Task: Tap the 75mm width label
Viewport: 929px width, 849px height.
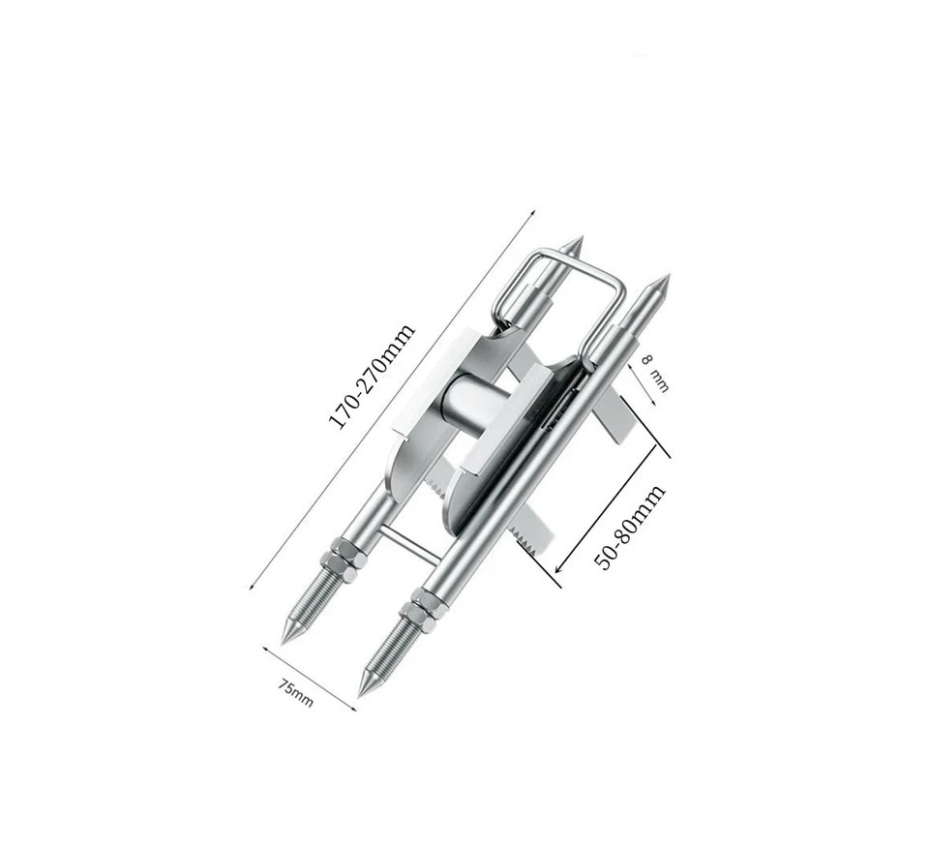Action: [x=296, y=693]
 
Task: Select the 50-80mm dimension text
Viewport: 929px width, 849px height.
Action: [x=630, y=527]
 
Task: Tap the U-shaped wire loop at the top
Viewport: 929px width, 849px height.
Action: [x=561, y=281]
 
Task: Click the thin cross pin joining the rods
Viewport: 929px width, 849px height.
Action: [x=407, y=542]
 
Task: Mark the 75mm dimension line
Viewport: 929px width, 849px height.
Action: [x=309, y=678]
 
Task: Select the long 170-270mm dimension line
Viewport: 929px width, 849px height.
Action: [x=392, y=397]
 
